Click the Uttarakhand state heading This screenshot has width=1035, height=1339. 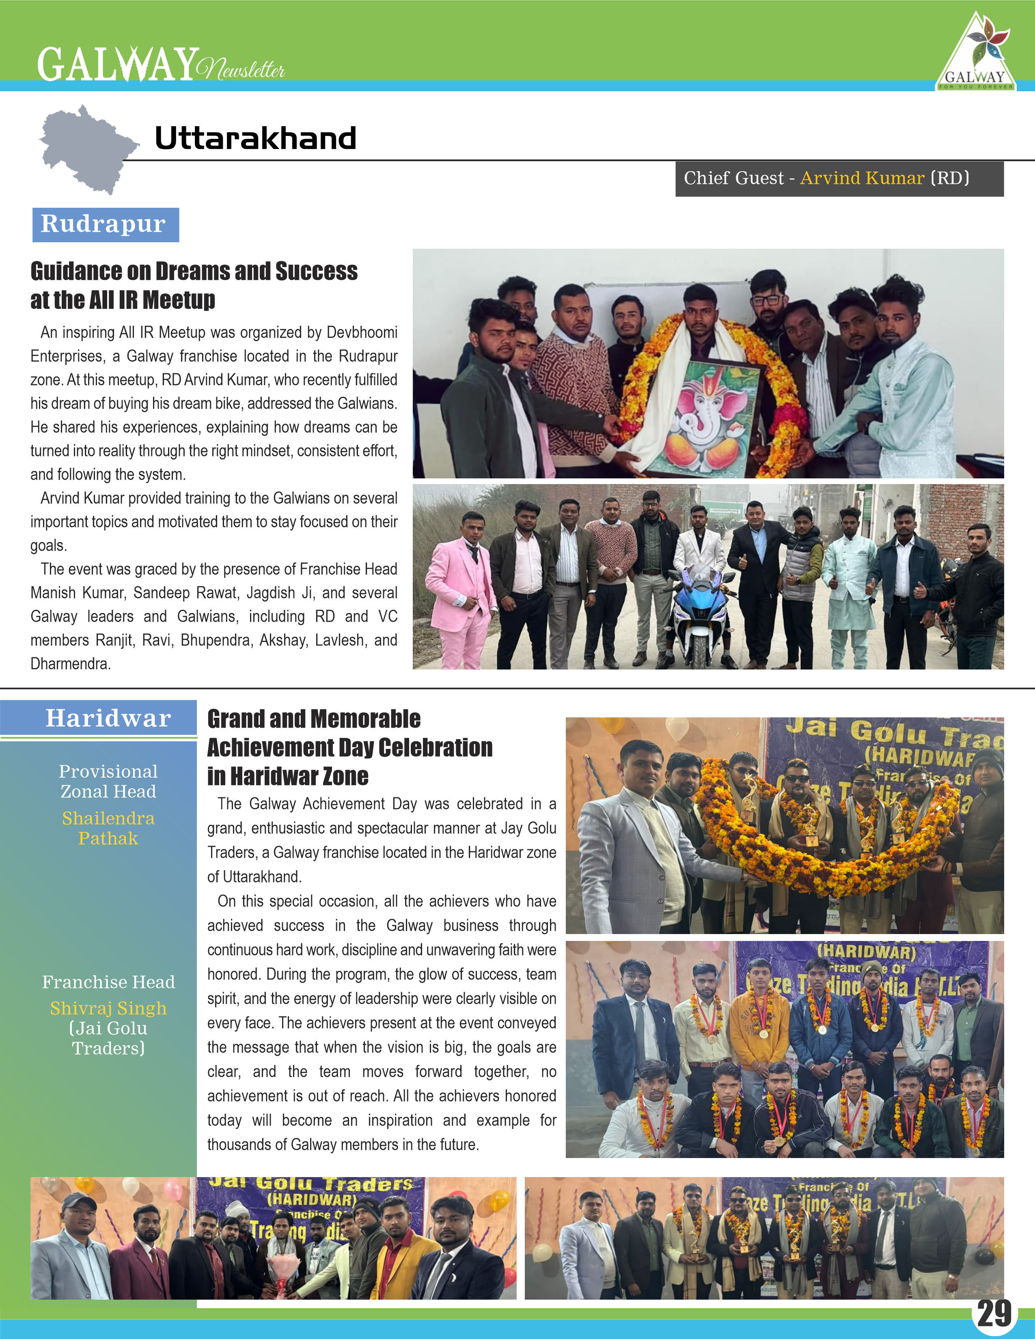tap(255, 138)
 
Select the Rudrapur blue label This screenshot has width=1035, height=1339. tap(105, 224)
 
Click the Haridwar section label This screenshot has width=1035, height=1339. tap(108, 718)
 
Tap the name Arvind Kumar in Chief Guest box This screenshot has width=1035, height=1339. tap(861, 179)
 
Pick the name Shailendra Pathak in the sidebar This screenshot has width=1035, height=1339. tap(108, 828)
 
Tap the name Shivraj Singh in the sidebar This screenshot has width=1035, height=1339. tap(108, 1009)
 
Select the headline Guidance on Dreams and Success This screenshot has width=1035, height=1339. tap(194, 271)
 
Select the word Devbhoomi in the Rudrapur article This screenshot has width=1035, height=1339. tap(362, 333)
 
